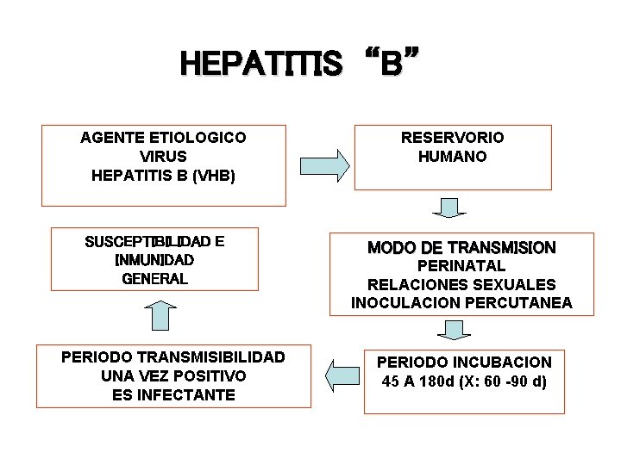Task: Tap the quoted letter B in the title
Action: pyautogui.click(x=391, y=65)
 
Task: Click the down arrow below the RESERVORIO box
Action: pyautogui.click(x=448, y=208)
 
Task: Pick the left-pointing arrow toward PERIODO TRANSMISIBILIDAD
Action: pyautogui.click(x=342, y=373)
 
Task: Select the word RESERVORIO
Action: pyautogui.click(x=452, y=138)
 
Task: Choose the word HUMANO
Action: pyautogui.click(x=452, y=157)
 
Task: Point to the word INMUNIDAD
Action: pyautogui.click(x=154, y=260)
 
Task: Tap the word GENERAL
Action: pyautogui.click(x=154, y=279)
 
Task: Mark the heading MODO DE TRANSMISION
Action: pyautogui.click(x=461, y=248)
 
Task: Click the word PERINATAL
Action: pyautogui.click(x=461, y=267)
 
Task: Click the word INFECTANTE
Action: pyautogui.click(x=192, y=395)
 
